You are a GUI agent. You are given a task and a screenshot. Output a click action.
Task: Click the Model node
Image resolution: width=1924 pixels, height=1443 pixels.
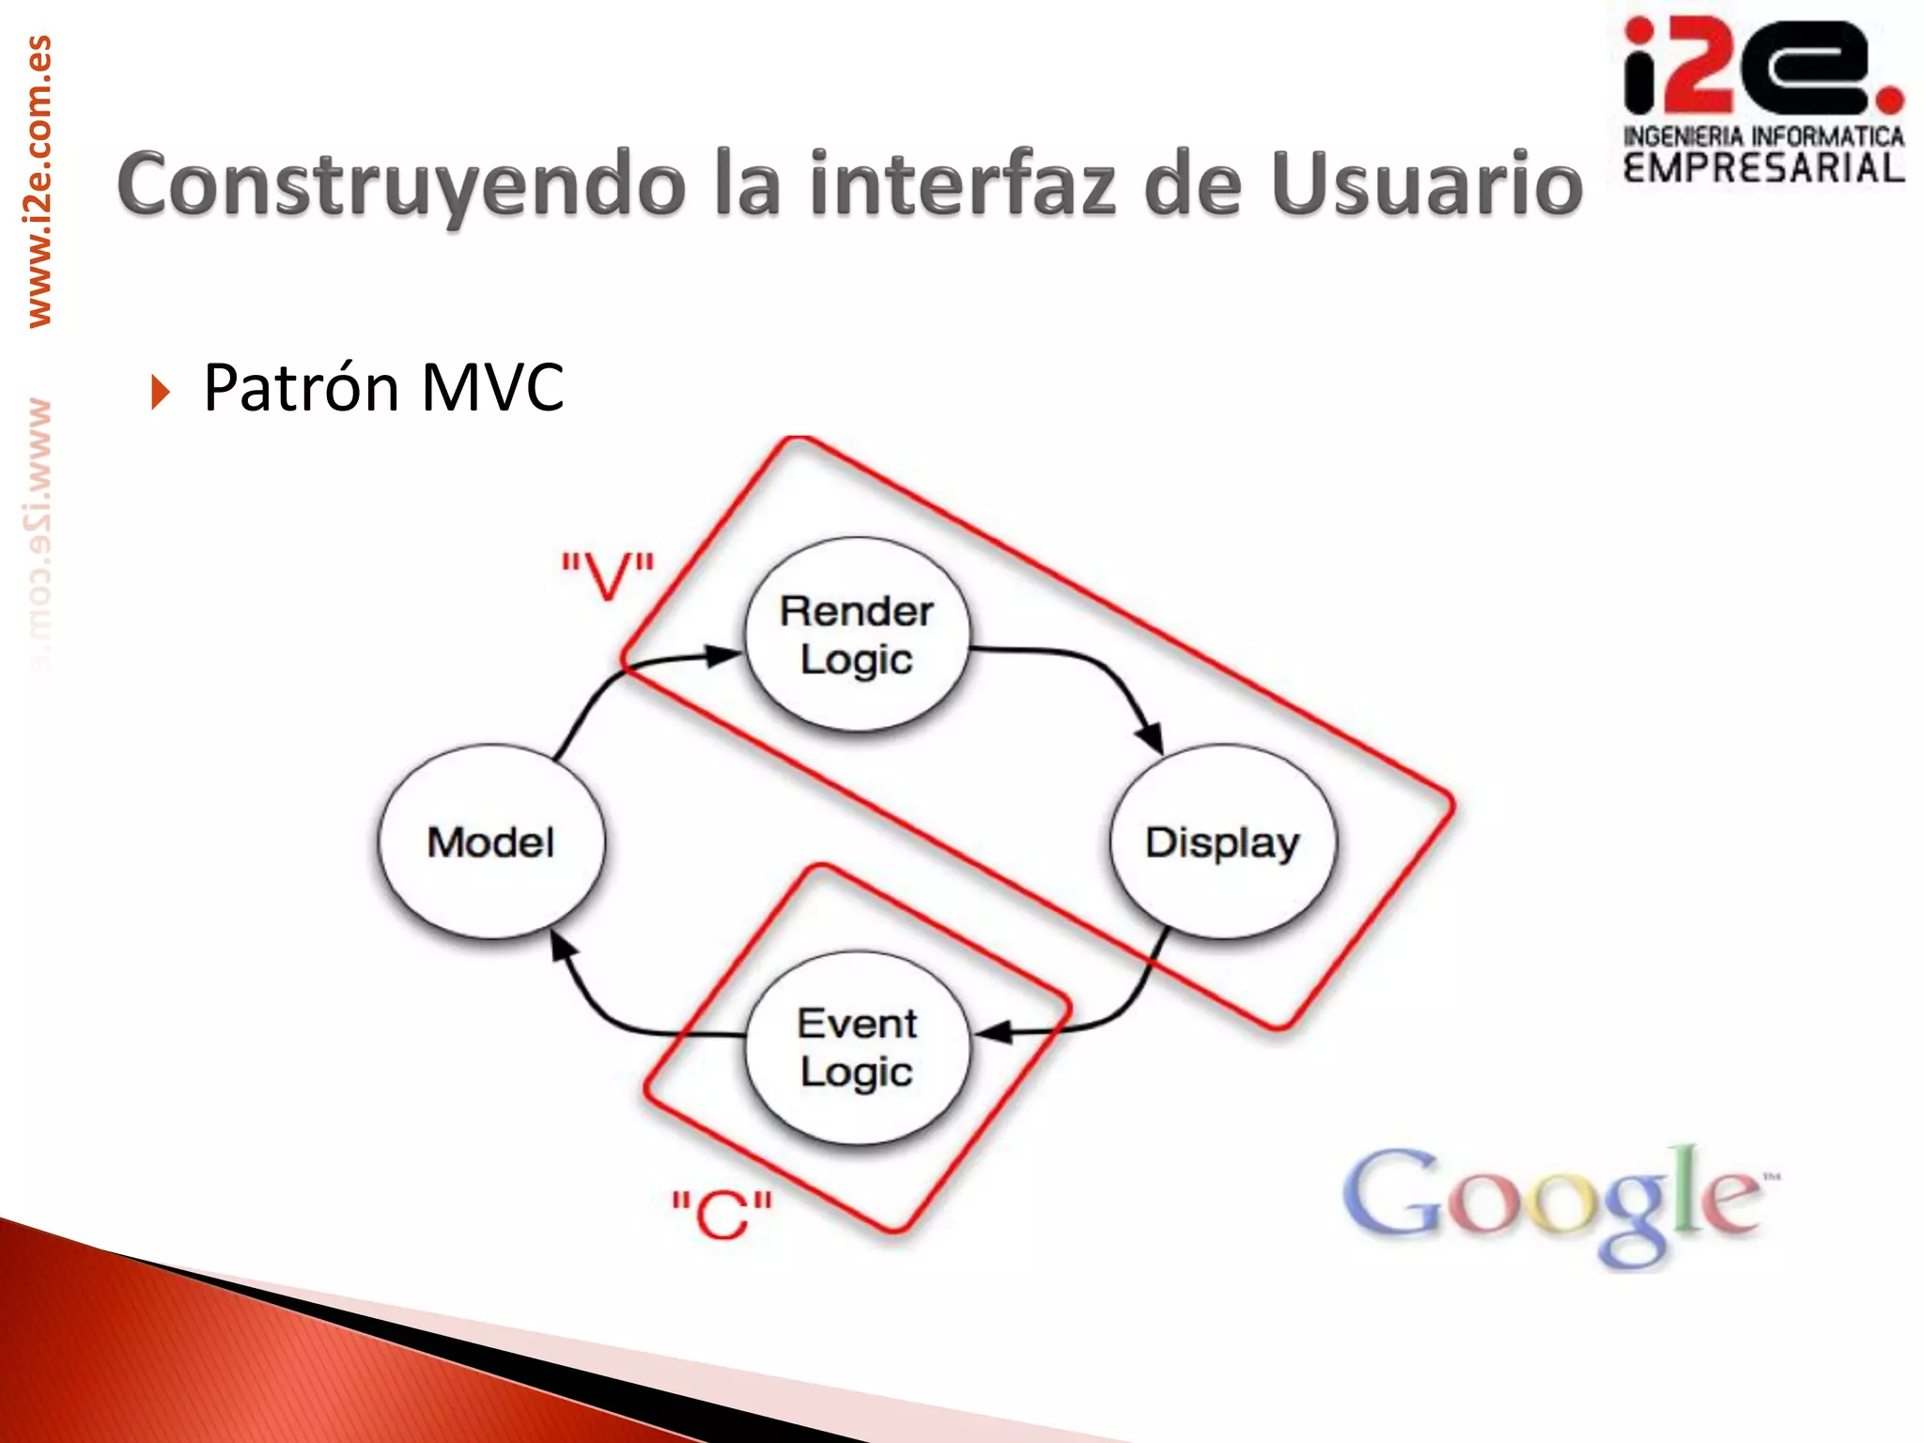pos(491,842)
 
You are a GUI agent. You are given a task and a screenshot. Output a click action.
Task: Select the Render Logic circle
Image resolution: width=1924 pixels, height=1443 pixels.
pos(857,635)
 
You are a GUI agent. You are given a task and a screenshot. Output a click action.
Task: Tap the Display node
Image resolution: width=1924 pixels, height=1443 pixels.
pos(1222,842)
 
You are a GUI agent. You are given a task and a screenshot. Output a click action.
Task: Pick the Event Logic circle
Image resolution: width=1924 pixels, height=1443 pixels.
pos(857,1047)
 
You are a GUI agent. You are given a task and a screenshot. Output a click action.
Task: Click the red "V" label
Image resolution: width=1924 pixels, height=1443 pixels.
pos(608,575)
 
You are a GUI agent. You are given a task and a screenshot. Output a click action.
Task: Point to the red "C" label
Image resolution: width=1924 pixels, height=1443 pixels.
pos(721,1214)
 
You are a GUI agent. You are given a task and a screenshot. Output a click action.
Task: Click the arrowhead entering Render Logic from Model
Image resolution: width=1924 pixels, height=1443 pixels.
pos(723,655)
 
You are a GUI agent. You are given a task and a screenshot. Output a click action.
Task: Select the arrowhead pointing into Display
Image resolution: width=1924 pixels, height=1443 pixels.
pos(1150,738)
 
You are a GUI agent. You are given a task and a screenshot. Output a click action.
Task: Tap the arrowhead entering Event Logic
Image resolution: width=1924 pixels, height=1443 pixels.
pos(994,1032)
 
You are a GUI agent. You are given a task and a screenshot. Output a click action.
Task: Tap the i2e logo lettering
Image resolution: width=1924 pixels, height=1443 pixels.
pos(1762,68)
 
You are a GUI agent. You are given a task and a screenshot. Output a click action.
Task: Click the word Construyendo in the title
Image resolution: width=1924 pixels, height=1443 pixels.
pos(401,185)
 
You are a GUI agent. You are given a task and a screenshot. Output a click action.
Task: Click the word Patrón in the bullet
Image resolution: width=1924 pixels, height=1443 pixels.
pos(303,388)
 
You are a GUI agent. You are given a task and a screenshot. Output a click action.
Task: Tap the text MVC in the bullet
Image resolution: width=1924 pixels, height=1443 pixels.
pos(492,388)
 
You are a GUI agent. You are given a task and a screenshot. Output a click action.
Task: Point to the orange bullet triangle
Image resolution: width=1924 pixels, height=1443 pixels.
pos(161,391)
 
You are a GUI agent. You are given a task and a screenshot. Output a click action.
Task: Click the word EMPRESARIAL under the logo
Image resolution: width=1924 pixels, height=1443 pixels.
pos(1763,169)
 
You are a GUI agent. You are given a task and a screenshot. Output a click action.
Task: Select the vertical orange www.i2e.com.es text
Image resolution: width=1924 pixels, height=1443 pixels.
pos(39,181)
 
